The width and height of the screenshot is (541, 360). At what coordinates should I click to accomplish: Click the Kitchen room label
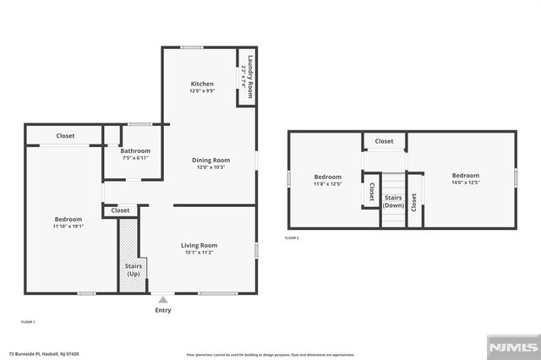tap(202, 84)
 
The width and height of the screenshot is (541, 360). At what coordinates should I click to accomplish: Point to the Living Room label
tap(199, 245)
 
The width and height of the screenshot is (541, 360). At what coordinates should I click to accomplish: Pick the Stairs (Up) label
tap(134, 270)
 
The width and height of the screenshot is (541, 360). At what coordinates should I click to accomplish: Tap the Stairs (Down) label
tap(392, 201)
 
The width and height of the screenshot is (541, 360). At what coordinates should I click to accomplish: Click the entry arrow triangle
tap(163, 298)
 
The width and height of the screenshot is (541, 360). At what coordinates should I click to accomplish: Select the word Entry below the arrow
tap(163, 310)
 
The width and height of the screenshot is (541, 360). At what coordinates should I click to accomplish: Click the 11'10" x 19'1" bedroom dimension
tap(68, 226)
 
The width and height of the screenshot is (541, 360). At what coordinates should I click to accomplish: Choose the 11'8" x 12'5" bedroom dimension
tap(328, 183)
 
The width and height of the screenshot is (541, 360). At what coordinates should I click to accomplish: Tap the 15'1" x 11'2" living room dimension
tap(199, 253)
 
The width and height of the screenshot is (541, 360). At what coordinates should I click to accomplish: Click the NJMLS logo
tap(511, 346)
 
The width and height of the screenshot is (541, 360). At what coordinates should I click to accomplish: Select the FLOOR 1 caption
tap(28, 322)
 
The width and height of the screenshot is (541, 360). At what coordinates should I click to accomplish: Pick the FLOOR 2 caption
tap(292, 238)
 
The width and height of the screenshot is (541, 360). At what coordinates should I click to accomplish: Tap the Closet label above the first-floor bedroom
tap(65, 136)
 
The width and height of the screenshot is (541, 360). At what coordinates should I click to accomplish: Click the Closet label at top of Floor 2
tap(384, 141)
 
